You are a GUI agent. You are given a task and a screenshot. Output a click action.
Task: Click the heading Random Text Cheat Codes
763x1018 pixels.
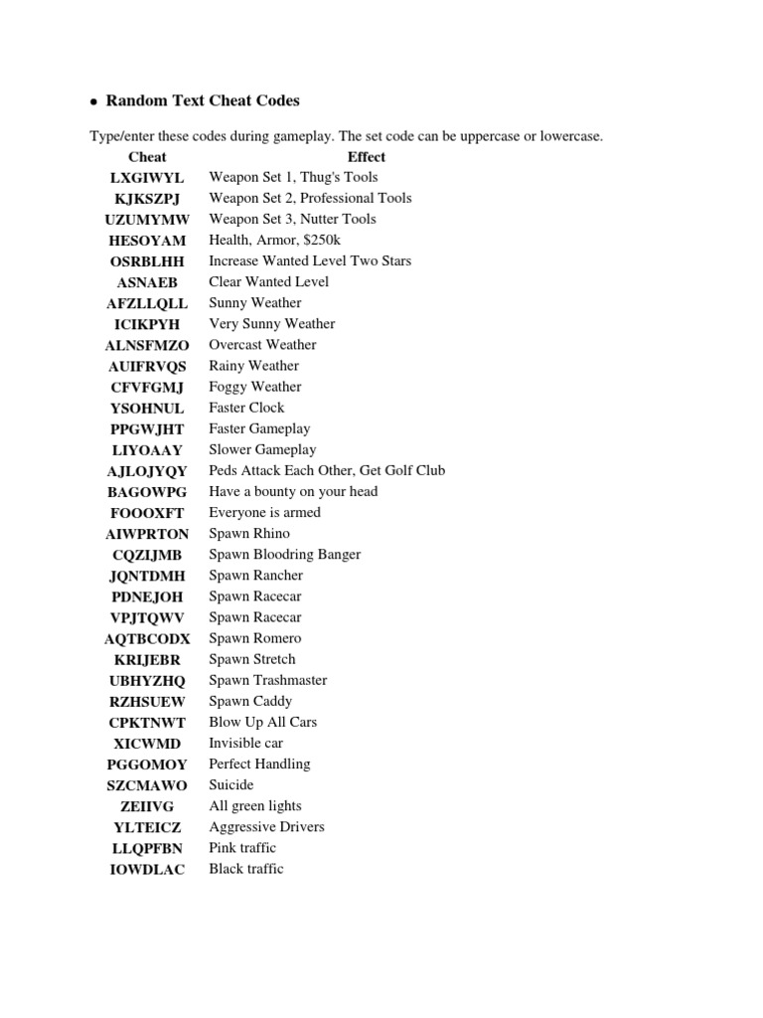pos(203,100)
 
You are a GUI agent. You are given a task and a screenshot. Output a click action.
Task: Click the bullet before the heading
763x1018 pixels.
pos(93,102)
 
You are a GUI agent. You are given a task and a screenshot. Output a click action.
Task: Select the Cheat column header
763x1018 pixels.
pos(147,157)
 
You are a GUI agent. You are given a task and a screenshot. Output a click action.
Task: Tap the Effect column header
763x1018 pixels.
pos(367,157)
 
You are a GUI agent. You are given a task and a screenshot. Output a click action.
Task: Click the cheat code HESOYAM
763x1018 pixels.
pos(147,241)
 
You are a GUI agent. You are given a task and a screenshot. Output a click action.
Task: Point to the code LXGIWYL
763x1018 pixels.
pos(147,178)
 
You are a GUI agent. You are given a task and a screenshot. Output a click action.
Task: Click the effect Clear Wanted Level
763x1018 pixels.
pos(268,281)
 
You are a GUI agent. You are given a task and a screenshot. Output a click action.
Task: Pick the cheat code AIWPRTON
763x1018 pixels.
pos(147,534)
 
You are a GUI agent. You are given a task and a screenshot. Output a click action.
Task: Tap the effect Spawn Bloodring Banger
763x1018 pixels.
pos(284,554)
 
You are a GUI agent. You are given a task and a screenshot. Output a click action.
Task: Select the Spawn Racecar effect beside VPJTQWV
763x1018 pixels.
pos(254,617)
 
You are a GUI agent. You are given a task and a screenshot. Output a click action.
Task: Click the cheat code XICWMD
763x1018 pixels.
pos(147,744)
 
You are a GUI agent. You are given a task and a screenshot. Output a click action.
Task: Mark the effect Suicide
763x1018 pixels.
pos(230,784)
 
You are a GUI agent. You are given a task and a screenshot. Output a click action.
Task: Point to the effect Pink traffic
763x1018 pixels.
pos(242,847)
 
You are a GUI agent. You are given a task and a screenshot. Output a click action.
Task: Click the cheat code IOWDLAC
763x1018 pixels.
pos(147,870)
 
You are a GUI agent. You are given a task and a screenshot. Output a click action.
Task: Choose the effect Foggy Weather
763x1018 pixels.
pos(254,387)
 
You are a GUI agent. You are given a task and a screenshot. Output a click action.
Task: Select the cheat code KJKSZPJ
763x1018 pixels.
pos(147,199)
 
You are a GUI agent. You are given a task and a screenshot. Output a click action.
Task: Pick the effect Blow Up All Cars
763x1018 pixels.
pos(262,722)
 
